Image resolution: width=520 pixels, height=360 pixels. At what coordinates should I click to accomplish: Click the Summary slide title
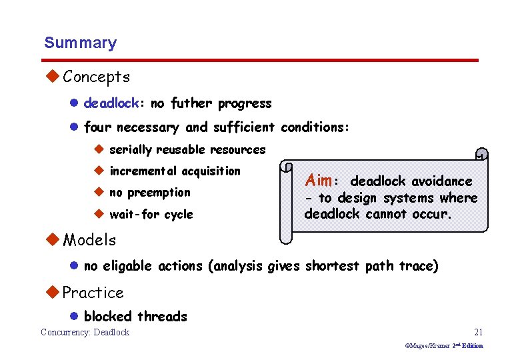(x=80, y=43)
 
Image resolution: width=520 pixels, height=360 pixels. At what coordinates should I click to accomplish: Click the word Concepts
(x=96, y=77)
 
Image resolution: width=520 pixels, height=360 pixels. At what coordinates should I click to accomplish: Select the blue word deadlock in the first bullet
(x=111, y=104)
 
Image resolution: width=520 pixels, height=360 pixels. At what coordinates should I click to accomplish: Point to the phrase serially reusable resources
(x=187, y=150)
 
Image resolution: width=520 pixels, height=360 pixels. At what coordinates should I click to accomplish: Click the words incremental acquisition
(x=175, y=171)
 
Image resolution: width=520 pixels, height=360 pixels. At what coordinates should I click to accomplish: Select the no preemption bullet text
(x=149, y=193)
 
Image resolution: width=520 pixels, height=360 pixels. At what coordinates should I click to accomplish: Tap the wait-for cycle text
(x=151, y=215)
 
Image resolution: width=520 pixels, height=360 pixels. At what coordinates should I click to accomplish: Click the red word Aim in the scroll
(x=318, y=181)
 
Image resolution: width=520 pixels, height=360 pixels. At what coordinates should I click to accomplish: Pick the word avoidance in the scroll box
(x=441, y=181)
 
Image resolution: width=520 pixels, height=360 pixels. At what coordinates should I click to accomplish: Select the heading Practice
(x=93, y=293)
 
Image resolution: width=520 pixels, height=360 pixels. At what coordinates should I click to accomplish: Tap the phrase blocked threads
(x=135, y=317)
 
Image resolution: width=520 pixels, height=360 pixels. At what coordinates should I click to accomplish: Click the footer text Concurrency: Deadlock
(x=85, y=333)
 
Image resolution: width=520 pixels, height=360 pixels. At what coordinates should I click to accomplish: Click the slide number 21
(x=477, y=332)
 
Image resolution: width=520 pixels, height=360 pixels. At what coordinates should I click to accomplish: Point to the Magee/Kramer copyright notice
(x=444, y=346)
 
